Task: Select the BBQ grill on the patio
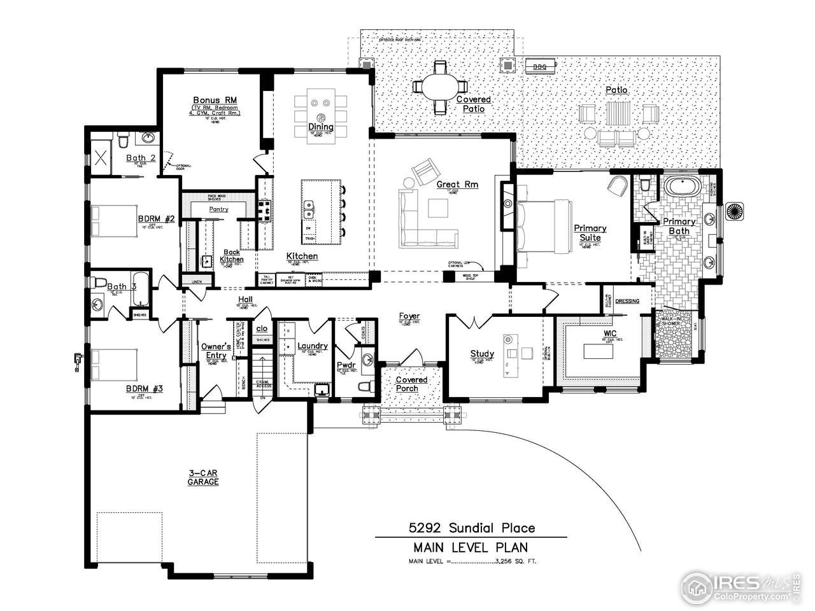(x=539, y=64)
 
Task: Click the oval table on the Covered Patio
(x=439, y=87)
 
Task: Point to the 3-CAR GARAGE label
(x=202, y=477)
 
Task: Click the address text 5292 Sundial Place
(x=471, y=528)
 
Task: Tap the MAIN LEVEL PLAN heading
(x=470, y=547)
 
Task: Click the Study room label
(x=482, y=354)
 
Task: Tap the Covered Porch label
(x=412, y=384)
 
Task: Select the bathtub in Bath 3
(x=142, y=290)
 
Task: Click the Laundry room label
(x=313, y=346)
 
